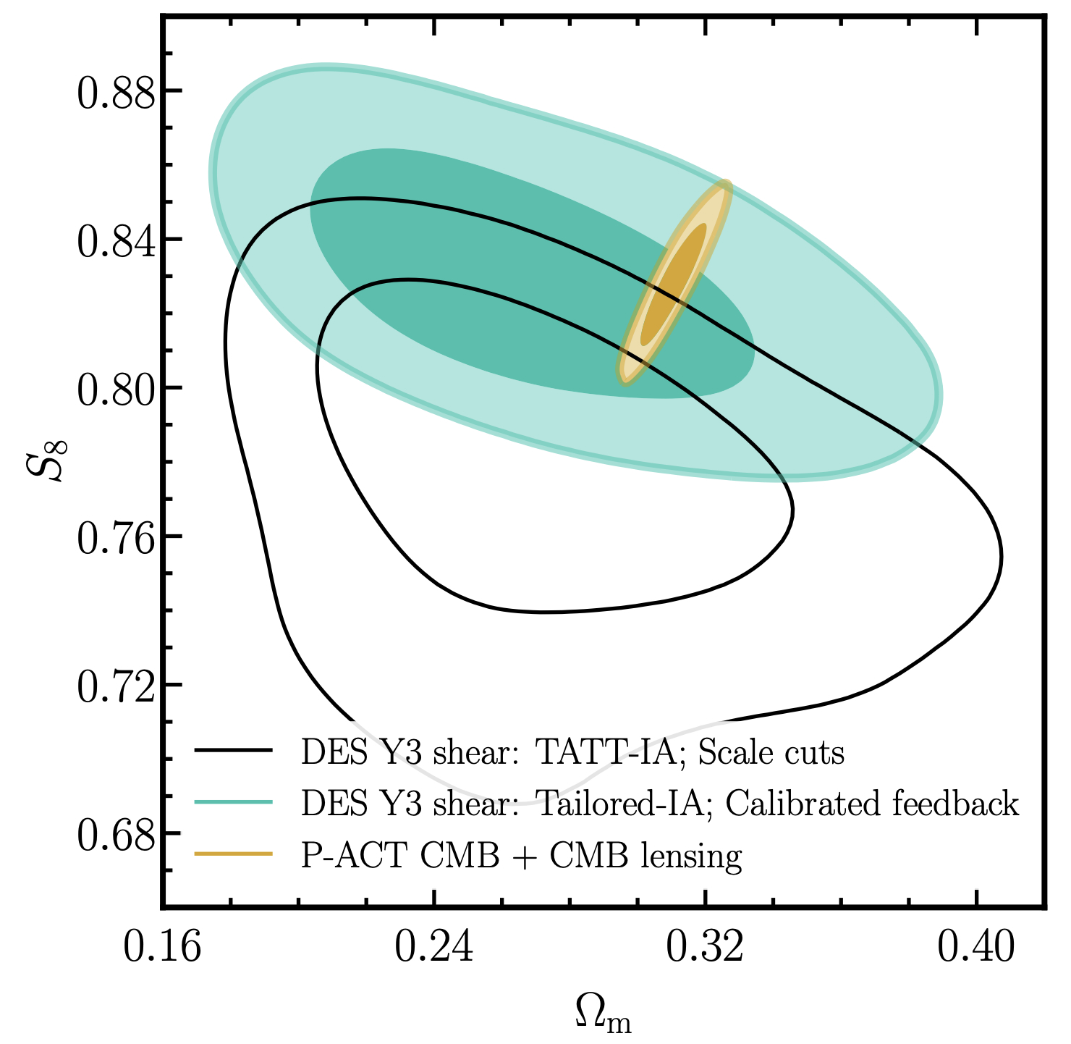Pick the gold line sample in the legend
(x=233, y=855)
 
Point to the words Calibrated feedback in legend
(x=872, y=804)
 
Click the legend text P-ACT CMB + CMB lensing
(x=521, y=856)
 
